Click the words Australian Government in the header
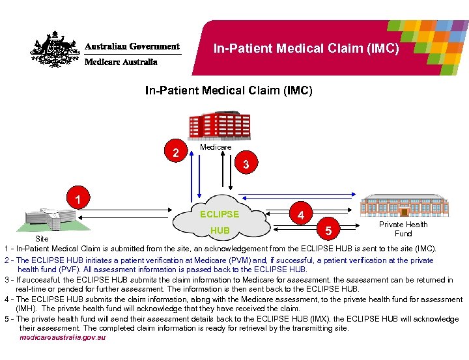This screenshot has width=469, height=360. pyautogui.click(x=132, y=47)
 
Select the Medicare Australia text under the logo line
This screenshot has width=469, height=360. pyautogui.click(x=121, y=62)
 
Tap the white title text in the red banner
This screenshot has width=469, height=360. pyautogui.click(x=306, y=48)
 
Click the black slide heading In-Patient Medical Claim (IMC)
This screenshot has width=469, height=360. pyautogui.click(x=229, y=91)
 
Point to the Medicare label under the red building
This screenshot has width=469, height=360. pyautogui.click(x=216, y=148)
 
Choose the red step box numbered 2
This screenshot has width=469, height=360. pyautogui.click(x=174, y=154)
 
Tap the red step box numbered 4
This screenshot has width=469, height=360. pyautogui.click(x=300, y=214)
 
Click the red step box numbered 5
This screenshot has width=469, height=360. pyautogui.click(x=328, y=230)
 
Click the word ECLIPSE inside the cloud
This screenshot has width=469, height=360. pyautogui.click(x=220, y=214)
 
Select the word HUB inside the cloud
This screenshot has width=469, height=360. pyautogui.click(x=220, y=230)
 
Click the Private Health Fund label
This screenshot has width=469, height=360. pyautogui.click(x=403, y=229)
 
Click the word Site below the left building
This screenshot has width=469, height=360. pyautogui.click(x=41, y=240)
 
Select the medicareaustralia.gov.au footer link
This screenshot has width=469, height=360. pyautogui.click(x=63, y=338)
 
